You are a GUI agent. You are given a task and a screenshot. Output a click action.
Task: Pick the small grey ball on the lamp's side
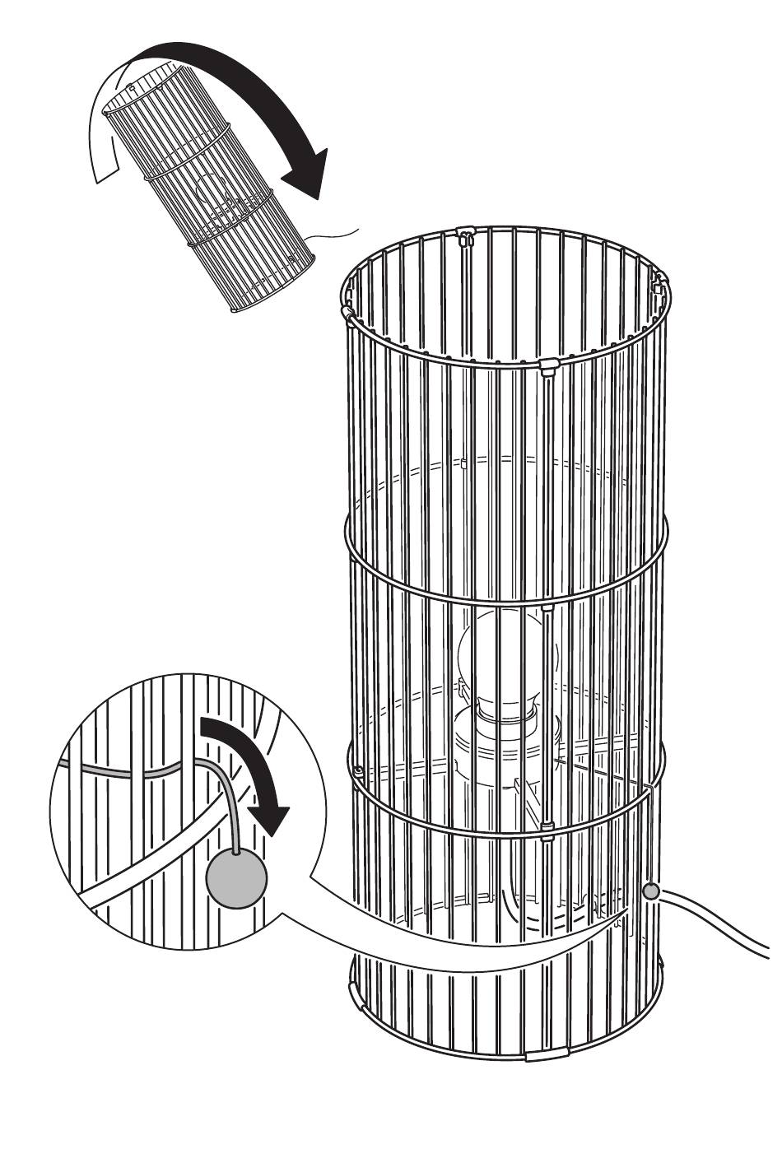click(651, 891)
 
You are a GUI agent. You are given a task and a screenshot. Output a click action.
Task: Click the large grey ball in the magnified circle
click(237, 879)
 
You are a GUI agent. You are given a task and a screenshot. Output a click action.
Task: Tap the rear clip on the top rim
click(465, 238)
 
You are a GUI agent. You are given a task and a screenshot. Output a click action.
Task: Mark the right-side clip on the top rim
click(659, 288)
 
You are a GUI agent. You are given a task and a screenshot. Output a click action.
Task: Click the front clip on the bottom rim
click(546, 1054)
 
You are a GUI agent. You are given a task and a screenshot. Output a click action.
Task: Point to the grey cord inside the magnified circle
click(148, 774)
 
